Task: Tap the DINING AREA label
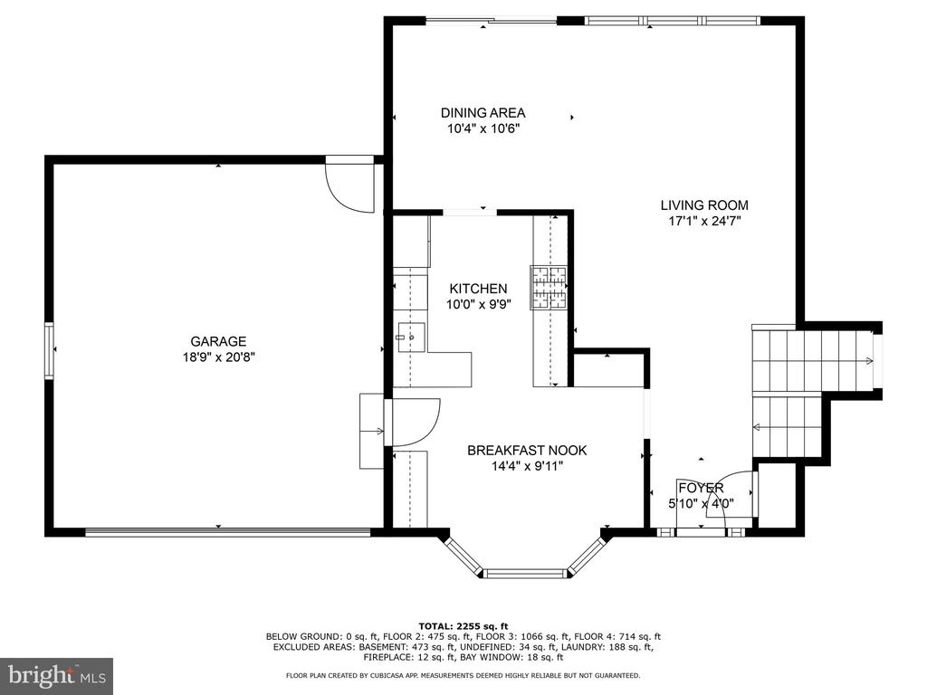click(x=483, y=113)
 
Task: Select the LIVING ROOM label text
click(x=704, y=205)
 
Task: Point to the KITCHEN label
click(x=478, y=289)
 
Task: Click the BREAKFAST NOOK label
click(x=527, y=451)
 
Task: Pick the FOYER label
click(x=701, y=488)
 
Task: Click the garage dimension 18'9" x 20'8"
click(x=218, y=357)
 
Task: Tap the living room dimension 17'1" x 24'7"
click(x=704, y=221)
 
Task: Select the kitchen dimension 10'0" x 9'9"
click(x=478, y=304)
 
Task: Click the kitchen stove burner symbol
click(x=548, y=287)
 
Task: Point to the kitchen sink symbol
click(x=412, y=338)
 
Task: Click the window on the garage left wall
click(x=49, y=350)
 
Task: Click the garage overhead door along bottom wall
click(x=228, y=532)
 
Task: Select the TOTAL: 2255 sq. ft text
click(x=463, y=626)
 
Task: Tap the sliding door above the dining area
click(x=492, y=22)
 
